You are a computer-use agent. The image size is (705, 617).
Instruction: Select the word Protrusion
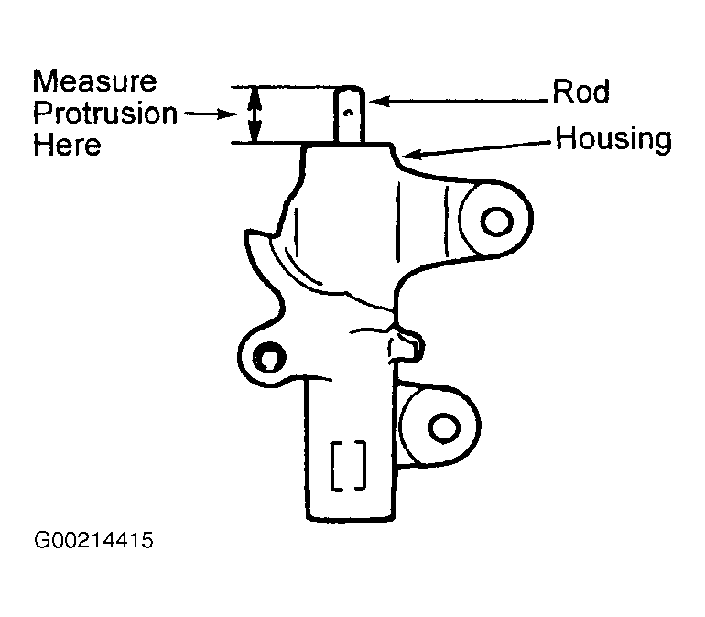[104, 114]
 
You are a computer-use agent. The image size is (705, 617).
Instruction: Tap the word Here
[67, 145]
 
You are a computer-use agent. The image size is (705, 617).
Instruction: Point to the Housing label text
[614, 139]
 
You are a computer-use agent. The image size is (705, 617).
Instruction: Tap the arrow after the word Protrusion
[211, 114]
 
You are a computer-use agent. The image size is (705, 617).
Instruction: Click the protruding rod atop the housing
[352, 114]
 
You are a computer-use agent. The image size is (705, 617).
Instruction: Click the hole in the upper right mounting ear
[496, 220]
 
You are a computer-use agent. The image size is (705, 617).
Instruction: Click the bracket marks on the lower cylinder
[349, 464]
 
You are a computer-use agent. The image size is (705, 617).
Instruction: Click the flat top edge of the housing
[352, 144]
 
